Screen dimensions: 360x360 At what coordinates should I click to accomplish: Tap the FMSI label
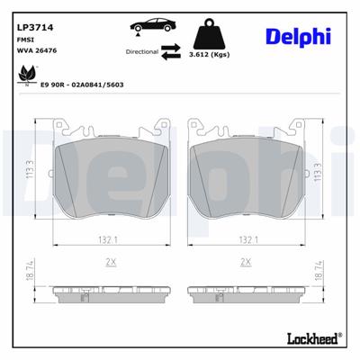coord(26,40)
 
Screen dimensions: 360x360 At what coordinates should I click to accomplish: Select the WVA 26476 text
coord(35,52)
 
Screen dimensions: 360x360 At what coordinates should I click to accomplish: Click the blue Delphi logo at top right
coord(298,37)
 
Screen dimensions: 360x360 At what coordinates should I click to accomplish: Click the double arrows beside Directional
coord(173,53)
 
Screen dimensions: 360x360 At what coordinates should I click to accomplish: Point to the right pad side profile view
coord(244,294)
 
